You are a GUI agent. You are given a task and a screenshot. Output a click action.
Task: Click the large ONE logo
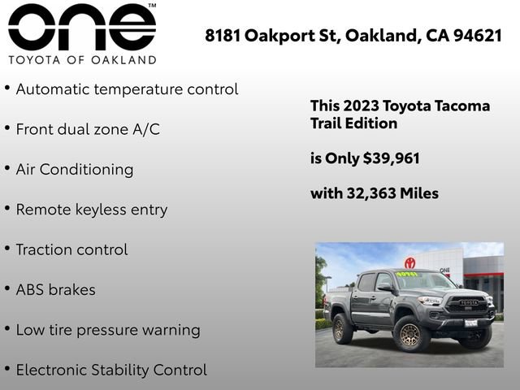pos(81,28)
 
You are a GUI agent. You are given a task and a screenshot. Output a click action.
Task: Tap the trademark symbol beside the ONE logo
pos(152,6)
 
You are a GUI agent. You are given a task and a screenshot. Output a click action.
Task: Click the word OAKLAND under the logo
pos(125,60)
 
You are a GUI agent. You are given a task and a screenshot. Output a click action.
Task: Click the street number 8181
pos(223,36)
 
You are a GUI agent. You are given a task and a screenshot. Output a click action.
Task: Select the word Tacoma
pos(461,106)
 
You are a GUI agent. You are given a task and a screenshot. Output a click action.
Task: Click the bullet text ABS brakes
pos(55,289)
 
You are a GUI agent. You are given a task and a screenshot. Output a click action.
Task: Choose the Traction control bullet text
pos(71,249)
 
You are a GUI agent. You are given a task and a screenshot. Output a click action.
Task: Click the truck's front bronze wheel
pos(410,334)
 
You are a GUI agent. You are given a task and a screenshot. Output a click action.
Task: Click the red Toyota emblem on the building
pos(410,262)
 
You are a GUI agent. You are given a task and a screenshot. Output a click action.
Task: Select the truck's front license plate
pos(470,323)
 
